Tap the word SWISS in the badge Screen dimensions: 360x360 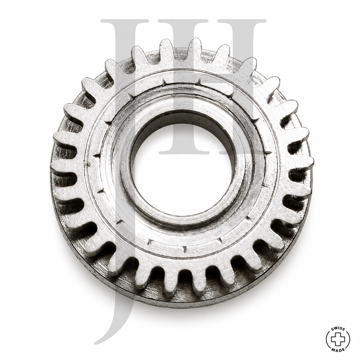(x=338, y=330)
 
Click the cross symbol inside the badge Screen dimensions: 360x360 (x=338, y=339)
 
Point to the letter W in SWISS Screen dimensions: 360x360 (x=335, y=329)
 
